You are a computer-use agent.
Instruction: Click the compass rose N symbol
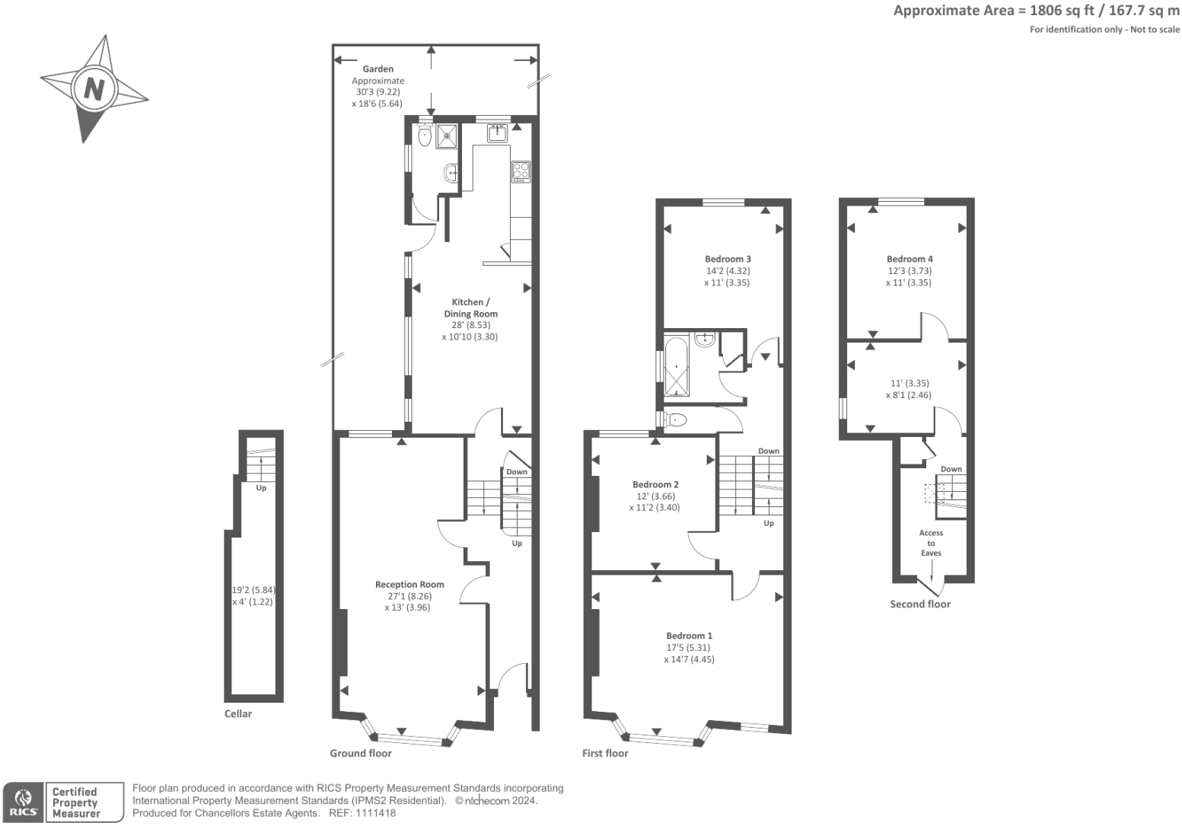(x=94, y=90)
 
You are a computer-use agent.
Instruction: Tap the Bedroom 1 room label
(x=689, y=636)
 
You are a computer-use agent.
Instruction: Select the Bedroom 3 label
(x=728, y=259)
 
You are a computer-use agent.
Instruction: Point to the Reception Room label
(x=409, y=585)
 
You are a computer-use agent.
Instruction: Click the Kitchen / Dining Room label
(x=470, y=308)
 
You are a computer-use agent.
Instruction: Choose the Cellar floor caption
(x=238, y=714)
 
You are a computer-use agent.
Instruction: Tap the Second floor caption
(x=920, y=604)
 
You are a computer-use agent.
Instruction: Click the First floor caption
(x=605, y=754)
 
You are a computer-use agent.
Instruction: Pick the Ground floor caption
(x=361, y=754)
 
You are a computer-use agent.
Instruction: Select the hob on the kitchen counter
(x=521, y=171)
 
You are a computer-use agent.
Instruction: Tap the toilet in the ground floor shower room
(x=425, y=136)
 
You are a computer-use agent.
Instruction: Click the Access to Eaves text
(x=931, y=543)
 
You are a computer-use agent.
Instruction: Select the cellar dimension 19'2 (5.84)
(x=252, y=589)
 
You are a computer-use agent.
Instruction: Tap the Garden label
(x=378, y=69)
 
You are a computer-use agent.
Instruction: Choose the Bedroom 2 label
(x=655, y=484)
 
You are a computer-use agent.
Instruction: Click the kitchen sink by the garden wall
(x=499, y=133)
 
